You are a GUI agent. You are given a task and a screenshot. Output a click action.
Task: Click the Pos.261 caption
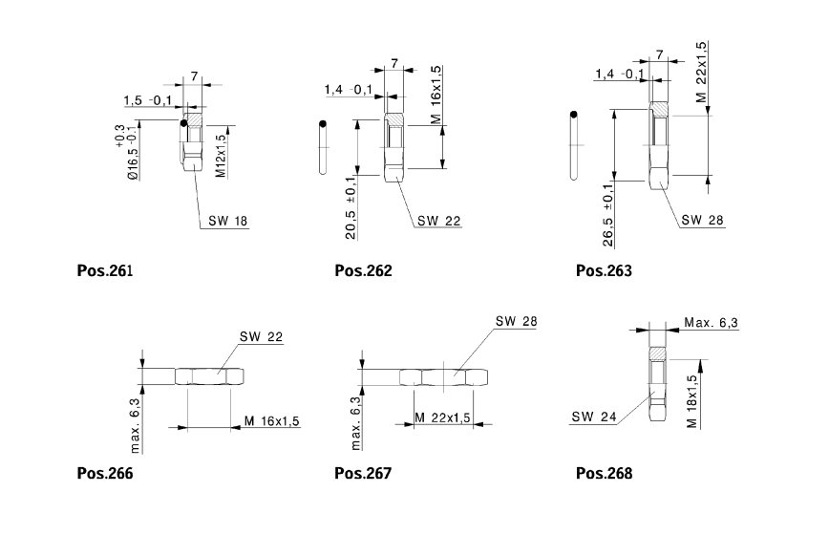(104, 270)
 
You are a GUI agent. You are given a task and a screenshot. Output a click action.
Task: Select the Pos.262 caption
(363, 270)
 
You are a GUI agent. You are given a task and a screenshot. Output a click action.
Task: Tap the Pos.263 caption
(604, 270)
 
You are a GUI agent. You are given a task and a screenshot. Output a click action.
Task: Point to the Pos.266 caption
(104, 473)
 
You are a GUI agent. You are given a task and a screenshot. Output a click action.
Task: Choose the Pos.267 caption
(363, 473)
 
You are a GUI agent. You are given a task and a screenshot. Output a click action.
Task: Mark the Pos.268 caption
(604, 473)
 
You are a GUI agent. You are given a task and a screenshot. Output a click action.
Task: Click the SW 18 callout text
(228, 222)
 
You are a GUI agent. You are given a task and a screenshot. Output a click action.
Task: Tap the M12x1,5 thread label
(221, 157)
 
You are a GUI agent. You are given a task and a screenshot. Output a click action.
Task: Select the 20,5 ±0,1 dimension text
(351, 207)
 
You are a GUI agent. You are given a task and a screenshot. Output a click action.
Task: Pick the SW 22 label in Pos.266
(263, 337)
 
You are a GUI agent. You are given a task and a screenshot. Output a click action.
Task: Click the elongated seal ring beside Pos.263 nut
(573, 145)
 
